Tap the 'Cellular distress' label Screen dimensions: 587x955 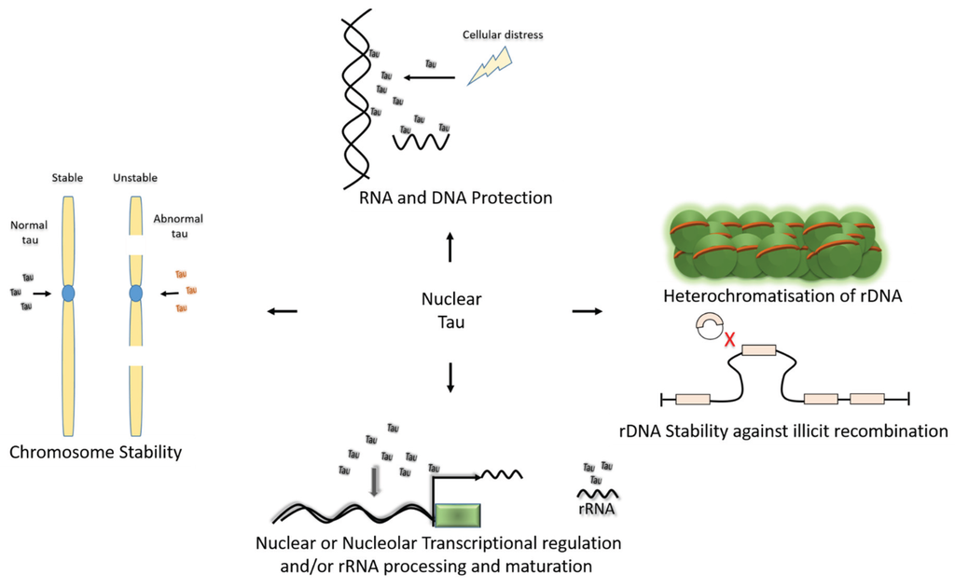click(x=503, y=35)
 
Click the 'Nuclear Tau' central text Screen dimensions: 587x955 click(x=450, y=311)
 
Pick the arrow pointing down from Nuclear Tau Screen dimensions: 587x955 click(x=450, y=375)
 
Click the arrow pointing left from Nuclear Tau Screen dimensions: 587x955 click(x=283, y=311)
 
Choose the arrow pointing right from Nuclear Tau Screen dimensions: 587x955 click(x=586, y=311)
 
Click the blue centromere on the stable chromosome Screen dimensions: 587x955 click(x=68, y=293)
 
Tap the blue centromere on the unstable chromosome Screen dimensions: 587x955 click(x=136, y=293)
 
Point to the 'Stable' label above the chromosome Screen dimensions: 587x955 click(x=68, y=178)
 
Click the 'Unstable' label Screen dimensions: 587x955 click(x=135, y=178)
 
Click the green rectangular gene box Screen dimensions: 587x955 click(x=457, y=515)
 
